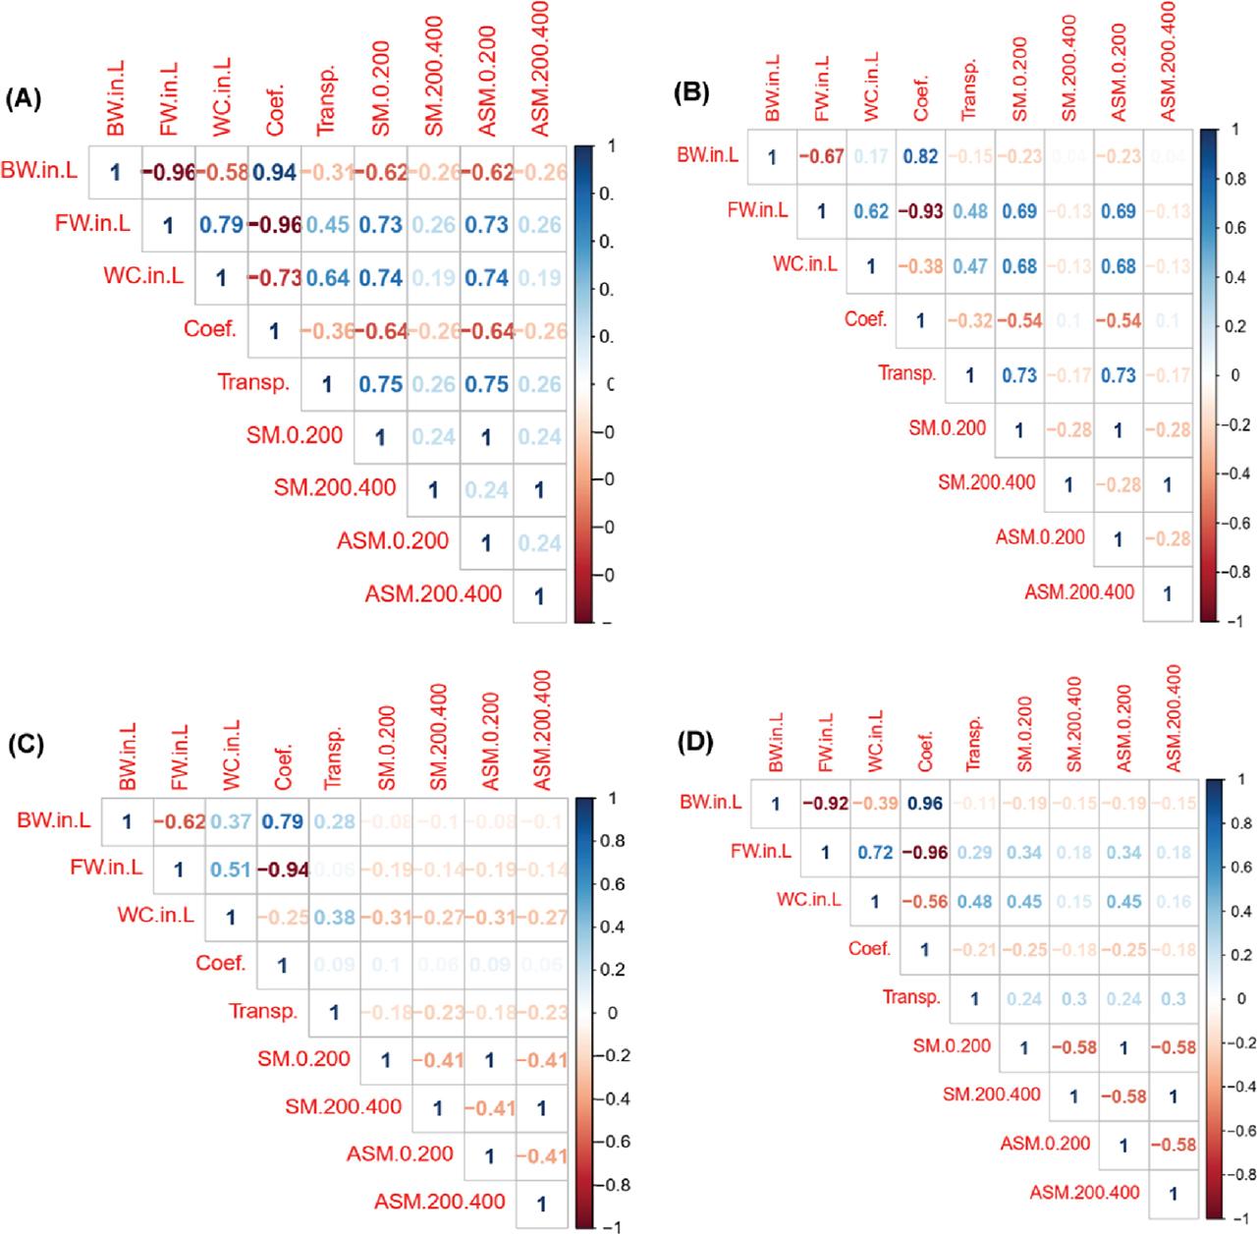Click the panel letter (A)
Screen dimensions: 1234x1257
pos(25,99)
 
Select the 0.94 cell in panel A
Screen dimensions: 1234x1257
pos(274,173)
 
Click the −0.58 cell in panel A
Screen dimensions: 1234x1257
pos(221,173)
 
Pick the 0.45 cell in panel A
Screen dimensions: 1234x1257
pos(327,226)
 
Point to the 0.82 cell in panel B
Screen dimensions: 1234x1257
pos(920,155)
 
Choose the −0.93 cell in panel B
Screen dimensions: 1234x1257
pos(920,210)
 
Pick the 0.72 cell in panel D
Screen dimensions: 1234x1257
pos(875,853)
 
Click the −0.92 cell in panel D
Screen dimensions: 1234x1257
pos(825,804)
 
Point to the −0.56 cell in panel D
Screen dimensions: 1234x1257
pos(924,902)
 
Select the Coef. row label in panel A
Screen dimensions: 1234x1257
pos(210,329)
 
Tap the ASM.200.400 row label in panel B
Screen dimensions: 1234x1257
pos(1079,591)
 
